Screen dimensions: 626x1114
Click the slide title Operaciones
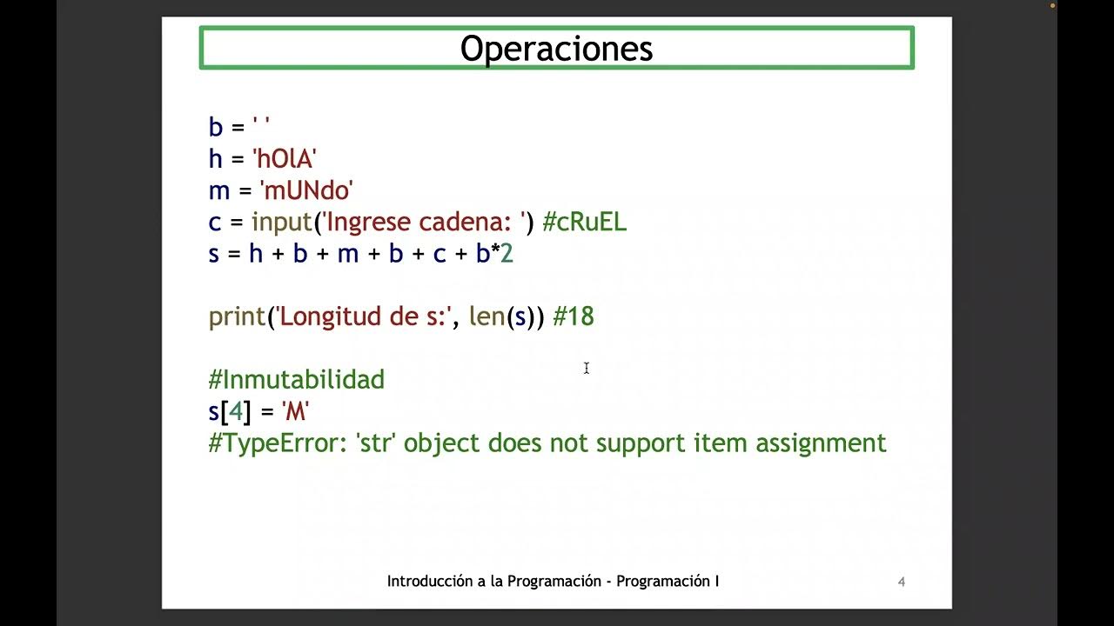click(556, 49)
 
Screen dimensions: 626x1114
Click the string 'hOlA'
click(284, 159)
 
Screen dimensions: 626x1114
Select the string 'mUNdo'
click(306, 190)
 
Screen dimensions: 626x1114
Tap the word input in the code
click(283, 222)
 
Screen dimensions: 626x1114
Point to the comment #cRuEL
click(584, 222)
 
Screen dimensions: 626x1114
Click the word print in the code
click(237, 316)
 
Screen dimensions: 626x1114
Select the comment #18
click(574, 316)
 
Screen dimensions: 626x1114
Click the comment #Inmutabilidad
click(297, 380)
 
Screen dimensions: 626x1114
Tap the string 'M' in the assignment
click(296, 411)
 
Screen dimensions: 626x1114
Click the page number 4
click(902, 582)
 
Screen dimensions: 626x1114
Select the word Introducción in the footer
click(430, 582)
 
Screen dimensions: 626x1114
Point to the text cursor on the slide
click(587, 369)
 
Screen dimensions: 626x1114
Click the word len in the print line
click(487, 316)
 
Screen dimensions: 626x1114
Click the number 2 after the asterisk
click(507, 254)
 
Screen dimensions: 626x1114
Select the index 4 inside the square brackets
click(236, 411)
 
